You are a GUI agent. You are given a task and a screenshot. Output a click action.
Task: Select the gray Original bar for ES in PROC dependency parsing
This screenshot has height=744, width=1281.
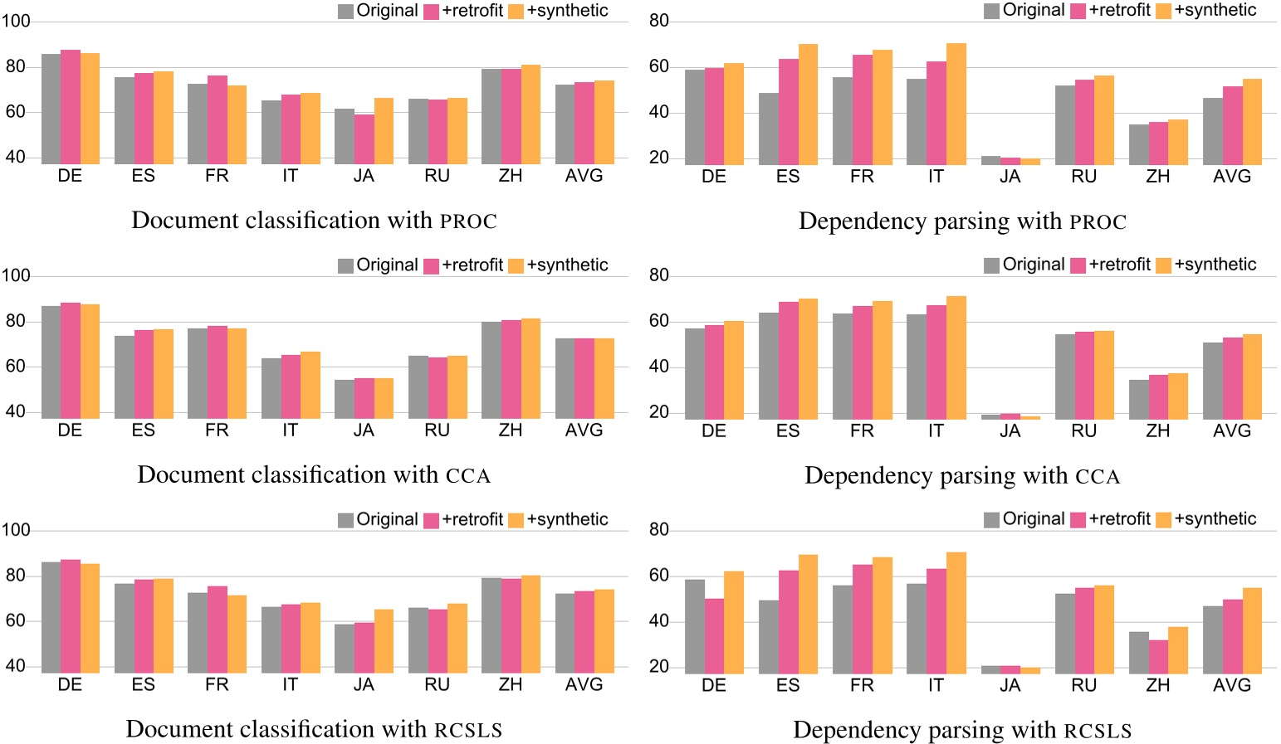[769, 129]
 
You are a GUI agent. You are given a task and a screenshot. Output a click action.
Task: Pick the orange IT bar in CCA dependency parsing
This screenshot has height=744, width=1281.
[956, 357]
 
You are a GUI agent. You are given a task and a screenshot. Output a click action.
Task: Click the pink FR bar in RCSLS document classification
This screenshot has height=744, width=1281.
[218, 629]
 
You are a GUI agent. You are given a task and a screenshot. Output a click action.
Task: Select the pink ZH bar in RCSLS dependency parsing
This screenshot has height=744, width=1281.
[1158, 656]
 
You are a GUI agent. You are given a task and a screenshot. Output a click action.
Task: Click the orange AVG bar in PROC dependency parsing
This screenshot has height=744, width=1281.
[1252, 121]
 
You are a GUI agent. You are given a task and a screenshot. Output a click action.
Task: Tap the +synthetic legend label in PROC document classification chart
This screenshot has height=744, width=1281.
[567, 11]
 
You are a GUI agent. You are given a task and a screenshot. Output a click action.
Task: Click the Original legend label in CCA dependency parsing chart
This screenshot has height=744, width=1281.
[1034, 265]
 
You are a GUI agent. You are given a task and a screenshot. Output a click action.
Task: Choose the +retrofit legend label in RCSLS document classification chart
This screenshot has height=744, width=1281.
[472, 519]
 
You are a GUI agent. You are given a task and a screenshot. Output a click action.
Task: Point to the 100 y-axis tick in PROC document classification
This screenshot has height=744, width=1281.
[15, 22]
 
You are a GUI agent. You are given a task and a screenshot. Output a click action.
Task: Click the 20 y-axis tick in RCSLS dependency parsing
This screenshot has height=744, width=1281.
[658, 667]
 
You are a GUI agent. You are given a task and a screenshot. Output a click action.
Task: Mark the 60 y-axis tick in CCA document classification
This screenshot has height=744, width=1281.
[15, 367]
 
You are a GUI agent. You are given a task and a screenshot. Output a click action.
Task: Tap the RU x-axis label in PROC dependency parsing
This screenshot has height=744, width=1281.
[1083, 177]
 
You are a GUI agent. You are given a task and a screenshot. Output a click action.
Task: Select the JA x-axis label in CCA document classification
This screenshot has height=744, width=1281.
[364, 430]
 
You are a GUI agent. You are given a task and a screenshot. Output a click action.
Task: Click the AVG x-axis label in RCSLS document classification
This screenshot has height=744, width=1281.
[584, 685]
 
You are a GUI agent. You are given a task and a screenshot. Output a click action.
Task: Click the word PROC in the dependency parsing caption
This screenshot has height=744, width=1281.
[1098, 222]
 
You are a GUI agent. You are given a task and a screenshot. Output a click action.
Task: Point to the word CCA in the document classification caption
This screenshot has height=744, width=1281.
[468, 476]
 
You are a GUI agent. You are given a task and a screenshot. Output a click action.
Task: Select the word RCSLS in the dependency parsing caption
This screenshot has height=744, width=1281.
[1098, 731]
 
